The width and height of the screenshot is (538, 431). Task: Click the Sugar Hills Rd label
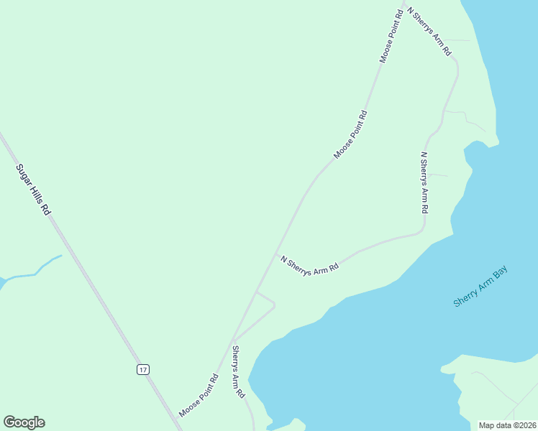[34, 190]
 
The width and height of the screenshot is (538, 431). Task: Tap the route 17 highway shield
[143, 369]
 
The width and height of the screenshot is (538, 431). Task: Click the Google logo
[24, 422]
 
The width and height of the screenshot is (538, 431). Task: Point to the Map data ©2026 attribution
[508, 425]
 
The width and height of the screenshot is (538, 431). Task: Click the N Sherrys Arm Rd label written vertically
[424, 182]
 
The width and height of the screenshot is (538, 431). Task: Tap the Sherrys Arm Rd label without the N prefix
[239, 372]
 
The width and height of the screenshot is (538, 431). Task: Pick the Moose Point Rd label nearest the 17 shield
[199, 396]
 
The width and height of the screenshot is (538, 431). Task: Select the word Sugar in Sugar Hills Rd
[24, 175]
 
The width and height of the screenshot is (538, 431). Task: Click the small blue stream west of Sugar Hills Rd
[36, 272]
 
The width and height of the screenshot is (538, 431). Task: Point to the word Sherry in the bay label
[467, 296]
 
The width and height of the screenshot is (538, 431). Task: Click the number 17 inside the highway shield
[143, 369]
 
